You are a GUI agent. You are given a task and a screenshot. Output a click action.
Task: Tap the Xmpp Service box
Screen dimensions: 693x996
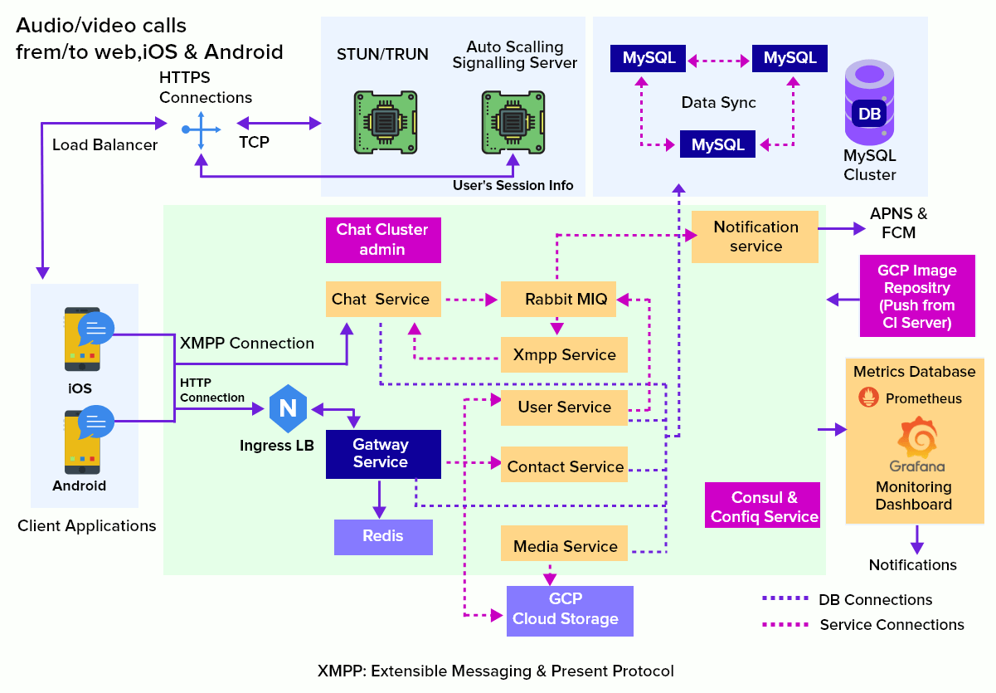tap(564, 355)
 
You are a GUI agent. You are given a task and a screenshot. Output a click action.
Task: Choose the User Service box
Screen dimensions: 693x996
tap(564, 408)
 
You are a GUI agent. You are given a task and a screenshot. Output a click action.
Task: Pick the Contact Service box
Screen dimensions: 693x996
tap(564, 466)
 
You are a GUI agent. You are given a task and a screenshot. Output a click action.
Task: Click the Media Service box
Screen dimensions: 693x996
tap(564, 546)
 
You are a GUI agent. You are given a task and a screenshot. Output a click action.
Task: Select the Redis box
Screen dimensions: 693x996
tap(383, 537)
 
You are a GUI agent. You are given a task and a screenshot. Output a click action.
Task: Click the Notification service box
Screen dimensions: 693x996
tap(755, 237)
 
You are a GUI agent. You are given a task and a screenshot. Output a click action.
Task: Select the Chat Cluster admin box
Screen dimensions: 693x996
tap(383, 240)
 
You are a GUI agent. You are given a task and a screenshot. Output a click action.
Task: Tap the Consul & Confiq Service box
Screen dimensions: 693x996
tap(763, 506)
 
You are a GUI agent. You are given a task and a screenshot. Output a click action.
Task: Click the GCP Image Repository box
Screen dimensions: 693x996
tap(917, 296)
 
